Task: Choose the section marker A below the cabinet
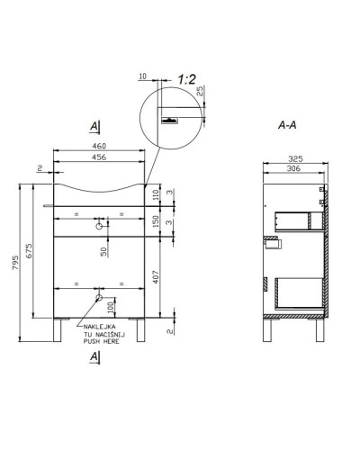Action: pyautogui.click(x=93, y=357)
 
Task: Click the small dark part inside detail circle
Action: pyautogui.click(x=168, y=118)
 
